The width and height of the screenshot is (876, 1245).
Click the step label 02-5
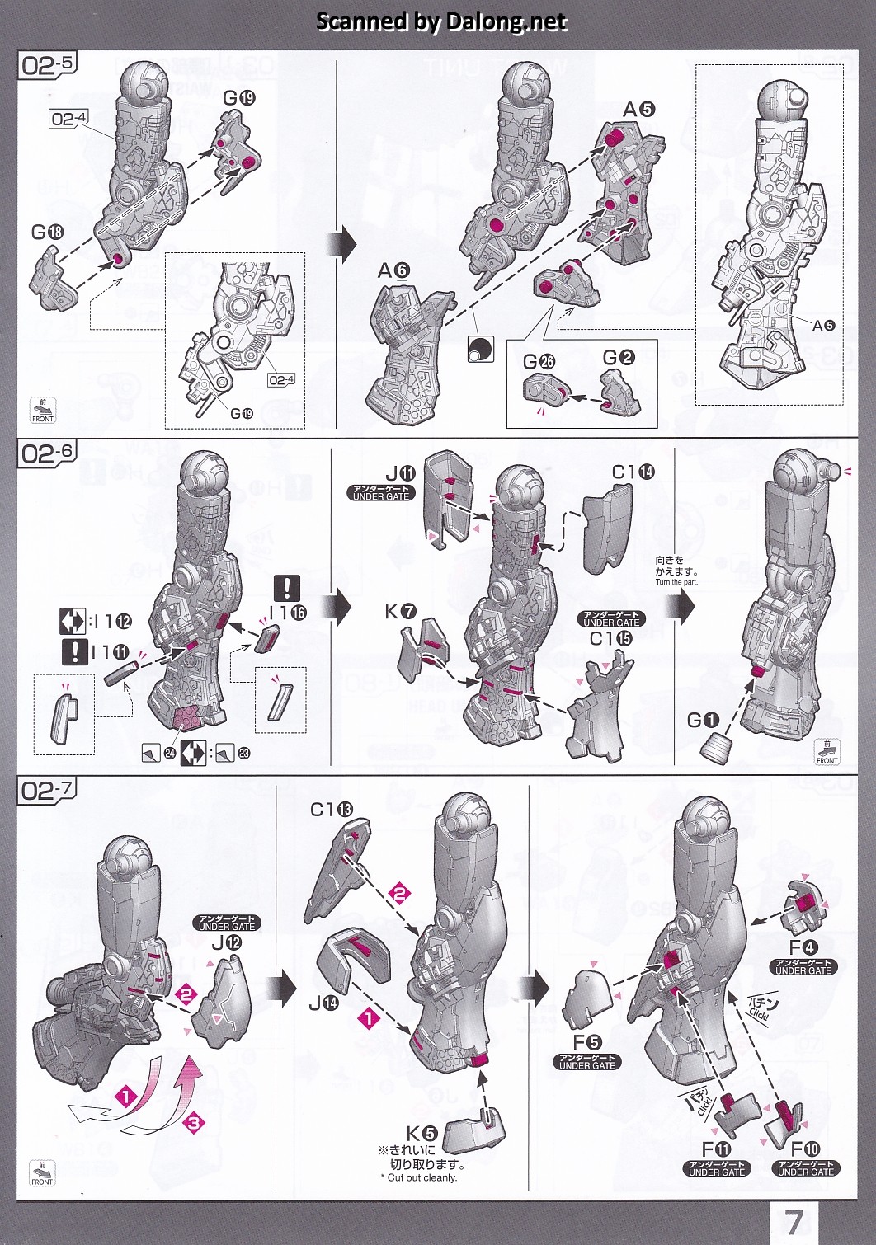pyautogui.click(x=45, y=65)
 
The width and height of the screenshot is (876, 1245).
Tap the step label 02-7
pyautogui.click(x=45, y=791)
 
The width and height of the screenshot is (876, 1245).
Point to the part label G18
pyautogui.click(x=47, y=233)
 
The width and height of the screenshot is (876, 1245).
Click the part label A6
pyautogui.click(x=393, y=270)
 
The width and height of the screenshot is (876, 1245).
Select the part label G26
pyautogui.click(x=539, y=361)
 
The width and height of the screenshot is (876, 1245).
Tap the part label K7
pyautogui.click(x=400, y=611)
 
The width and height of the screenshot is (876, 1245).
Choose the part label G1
pyautogui.click(x=703, y=720)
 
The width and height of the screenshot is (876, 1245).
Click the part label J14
pyautogui.click(x=324, y=1003)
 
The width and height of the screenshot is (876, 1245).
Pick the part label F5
pyautogui.click(x=587, y=1043)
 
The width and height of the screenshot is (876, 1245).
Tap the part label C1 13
pyautogui.click(x=331, y=810)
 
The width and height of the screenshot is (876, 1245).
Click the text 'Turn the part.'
pyautogui.click(x=676, y=582)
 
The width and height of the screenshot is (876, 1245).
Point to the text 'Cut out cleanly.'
pyautogui.click(x=422, y=1177)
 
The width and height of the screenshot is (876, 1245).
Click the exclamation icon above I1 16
pyautogui.click(x=287, y=588)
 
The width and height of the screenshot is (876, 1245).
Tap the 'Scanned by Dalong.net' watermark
pyautogui.click(x=441, y=21)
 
